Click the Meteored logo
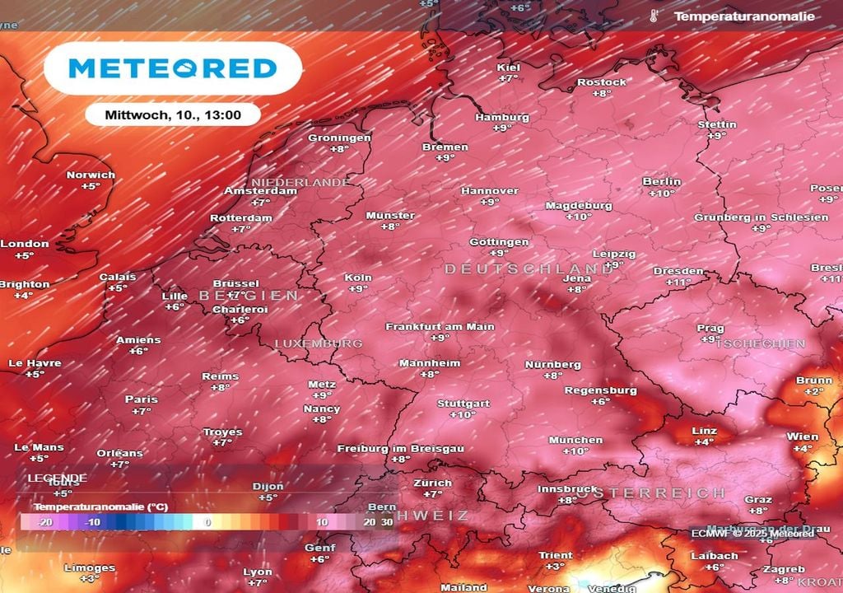[x=172, y=68]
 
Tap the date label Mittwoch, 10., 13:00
[x=173, y=115]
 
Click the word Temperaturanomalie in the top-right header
[x=744, y=16]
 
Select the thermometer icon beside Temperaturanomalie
[x=654, y=16]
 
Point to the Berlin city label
[x=662, y=181]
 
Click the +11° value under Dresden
[x=678, y=282]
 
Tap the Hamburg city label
[x=501, y=117]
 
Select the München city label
[x=575, y=440]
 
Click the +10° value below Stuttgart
[x=463, y=415]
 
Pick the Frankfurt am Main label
[x=440, y=326]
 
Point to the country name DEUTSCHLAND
[x=529, y=269]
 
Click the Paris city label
[x=142, y=399]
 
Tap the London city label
[x=25, y=244]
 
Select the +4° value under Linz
[x=703, y=442]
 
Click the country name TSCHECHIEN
[x=760, y=343]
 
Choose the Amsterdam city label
[x=261, y=191]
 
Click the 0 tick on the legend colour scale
[x=208, y=522]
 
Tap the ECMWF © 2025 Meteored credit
[x=752, y=533]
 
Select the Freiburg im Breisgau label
[x=401, y=448]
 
